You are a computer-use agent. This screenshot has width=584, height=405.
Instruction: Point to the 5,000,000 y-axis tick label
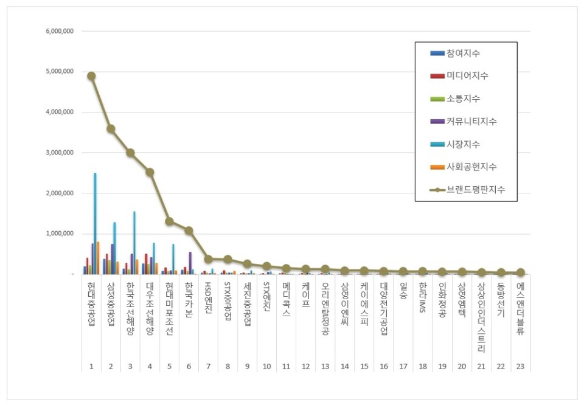tap(60, 72)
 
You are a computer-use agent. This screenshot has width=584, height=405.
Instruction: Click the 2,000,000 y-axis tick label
tap(60, 193)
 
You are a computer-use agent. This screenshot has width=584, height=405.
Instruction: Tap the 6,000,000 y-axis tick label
tap(60, 31)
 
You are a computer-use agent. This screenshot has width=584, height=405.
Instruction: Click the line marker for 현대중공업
tap(91, 76)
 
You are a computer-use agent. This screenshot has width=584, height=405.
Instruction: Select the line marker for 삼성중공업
tap(111, 129)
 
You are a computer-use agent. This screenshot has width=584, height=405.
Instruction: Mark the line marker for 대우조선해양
tap(150, 172)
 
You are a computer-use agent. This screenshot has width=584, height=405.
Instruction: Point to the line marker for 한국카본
tap(189, 230)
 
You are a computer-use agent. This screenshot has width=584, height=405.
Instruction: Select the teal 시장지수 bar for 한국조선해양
tap(134, 243)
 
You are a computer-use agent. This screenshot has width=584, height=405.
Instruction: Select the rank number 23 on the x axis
tap(520, 366)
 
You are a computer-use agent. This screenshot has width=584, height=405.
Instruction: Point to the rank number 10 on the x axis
tap(266, 366)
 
